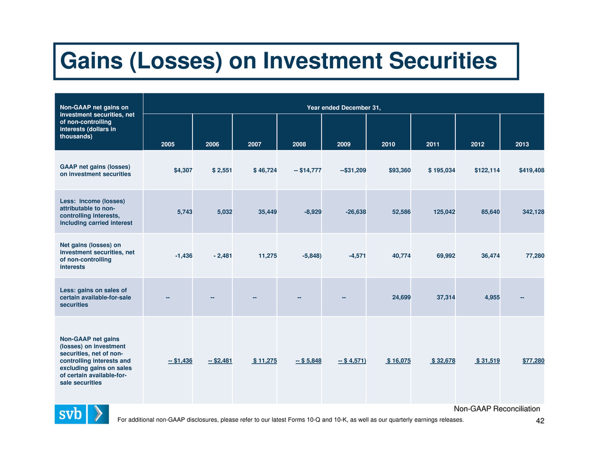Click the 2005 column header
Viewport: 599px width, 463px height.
click(x=167, y=144)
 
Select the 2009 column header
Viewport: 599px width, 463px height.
click(x=344, y=144)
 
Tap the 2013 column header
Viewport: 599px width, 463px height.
click(x=522, y=144)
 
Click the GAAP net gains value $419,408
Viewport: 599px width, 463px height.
click(x=531, y=170)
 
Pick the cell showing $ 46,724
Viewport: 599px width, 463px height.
click(x=265, y=170)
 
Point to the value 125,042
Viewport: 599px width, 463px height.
click(x=444, y=212)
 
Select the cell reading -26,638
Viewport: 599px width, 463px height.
click(x=356, y=212)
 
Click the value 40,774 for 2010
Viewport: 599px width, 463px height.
click(x=401, y=256)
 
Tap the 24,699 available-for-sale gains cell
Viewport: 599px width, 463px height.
click(x=401, y=297)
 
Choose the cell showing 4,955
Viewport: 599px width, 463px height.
click(x=492, y=297)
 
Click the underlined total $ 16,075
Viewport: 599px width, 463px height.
click(x=398, y=360)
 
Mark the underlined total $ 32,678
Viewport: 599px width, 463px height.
click(x=443, y=360)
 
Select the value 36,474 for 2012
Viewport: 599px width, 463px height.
click(x=490, y=256)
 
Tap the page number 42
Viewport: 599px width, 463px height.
click(x=540, y=421)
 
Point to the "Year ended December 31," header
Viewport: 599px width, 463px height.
click(x=344, y=108)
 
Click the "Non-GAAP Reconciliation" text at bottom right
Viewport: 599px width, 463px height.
click(x=497, y=409)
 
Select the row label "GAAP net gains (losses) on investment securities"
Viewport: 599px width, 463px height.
click(x=95, y=170)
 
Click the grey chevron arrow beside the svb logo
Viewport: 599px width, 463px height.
click(x=98, y=414)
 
